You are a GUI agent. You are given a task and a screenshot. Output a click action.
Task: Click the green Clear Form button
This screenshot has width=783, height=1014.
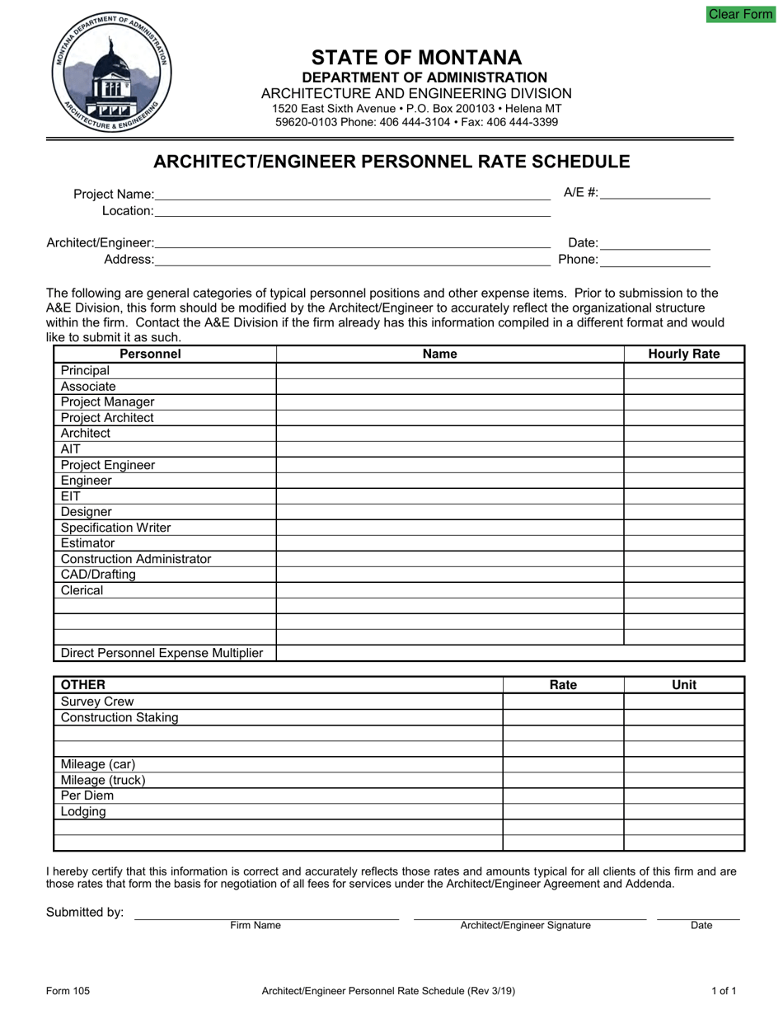[x=740, y=14]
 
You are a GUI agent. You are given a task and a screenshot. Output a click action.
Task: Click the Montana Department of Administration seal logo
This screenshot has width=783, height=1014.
[x=111, y=74]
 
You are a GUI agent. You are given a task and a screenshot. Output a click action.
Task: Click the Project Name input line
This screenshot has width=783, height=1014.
[x=352, y=194]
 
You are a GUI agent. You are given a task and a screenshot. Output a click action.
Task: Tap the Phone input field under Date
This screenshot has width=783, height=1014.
[x=654, y=260]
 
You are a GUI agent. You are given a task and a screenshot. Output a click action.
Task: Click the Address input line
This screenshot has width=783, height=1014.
[x=352, y=260]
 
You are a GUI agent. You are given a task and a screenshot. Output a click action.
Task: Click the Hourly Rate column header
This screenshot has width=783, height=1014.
[x=683, y=354]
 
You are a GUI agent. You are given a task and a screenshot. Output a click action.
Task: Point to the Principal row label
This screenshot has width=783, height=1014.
[x=85, y=371]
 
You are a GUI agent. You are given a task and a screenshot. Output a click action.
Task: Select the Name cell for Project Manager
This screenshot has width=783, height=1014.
[x=449, y=402]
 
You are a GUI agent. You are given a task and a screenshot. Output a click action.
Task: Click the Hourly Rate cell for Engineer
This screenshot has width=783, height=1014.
[x=683, y=481]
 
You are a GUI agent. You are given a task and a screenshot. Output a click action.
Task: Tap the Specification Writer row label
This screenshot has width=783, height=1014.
[x=116, y=528]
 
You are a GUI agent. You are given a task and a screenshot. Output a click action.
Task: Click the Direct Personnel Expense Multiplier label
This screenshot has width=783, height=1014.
[x=162, y=653]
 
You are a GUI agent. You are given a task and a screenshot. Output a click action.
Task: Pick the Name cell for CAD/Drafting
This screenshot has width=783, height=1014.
[x=449, y=575]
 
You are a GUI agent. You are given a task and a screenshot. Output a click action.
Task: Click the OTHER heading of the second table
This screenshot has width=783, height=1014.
[x=83, y=685]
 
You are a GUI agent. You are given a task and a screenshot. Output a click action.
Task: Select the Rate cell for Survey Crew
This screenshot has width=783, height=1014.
[x=563, y=702]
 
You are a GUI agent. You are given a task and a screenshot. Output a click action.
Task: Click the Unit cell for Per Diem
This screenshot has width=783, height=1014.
[x=683, y=796]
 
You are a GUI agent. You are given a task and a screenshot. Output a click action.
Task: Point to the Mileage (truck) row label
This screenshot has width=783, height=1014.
[x=103, y=780]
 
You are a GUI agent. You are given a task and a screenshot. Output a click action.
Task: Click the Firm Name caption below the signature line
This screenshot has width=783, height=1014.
[x=256, y=925]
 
